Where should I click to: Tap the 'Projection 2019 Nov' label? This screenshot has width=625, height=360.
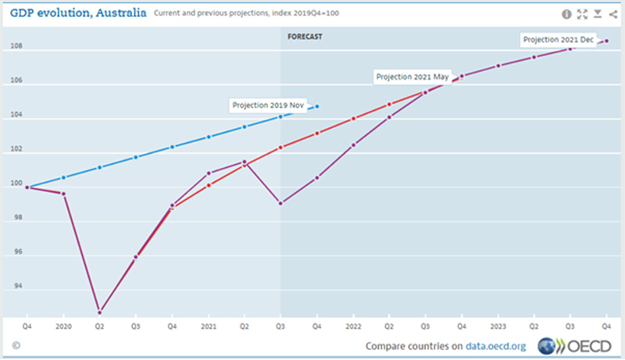tap(266, 105)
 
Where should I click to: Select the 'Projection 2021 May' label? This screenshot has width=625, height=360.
tap(412, 77)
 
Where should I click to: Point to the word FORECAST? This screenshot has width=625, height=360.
tap(304, 37)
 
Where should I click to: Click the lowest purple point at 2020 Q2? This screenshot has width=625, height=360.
tap(100, 312)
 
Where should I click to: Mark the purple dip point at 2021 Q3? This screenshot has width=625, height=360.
tap(280, 203)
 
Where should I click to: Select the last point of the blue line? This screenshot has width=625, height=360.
tap(316, 107)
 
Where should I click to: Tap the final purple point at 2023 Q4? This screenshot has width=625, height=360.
tap(606, 41)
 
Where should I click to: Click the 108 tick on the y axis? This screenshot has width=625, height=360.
tap(15, 47)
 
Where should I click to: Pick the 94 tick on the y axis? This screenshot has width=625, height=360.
tap(16, 287)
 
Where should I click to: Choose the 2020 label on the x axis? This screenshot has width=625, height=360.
tap(63, 325)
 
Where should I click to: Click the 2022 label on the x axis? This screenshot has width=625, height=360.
tap(353, 325)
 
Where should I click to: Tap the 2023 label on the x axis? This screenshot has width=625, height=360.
tap(498, 325)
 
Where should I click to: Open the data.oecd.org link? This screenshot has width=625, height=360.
tap(498, 346)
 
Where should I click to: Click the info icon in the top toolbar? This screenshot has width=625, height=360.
tap(566, 14)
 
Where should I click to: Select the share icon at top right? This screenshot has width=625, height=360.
tap(611, 14)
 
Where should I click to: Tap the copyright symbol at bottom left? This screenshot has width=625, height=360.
tap(16, 344)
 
